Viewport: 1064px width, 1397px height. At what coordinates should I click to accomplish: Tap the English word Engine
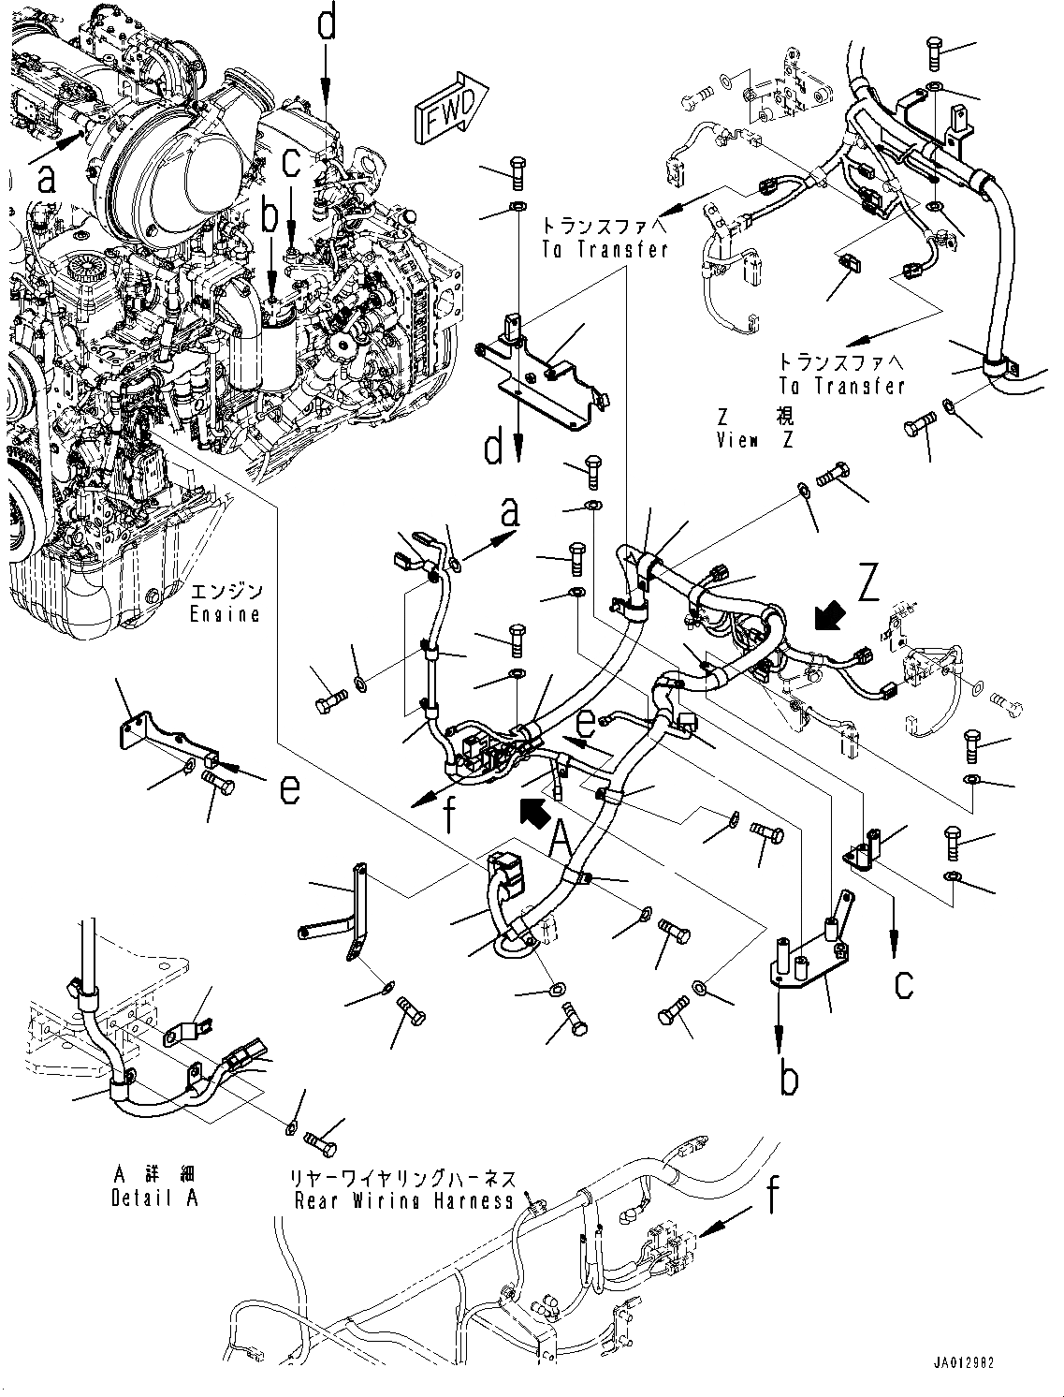[x=226, y=614]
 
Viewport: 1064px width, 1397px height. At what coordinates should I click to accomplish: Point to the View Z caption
[x=754, y=440]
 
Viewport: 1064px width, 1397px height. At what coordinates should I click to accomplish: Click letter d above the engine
[x=326, y=24]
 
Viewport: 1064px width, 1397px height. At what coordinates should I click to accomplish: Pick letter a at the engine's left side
[x=46, y=178]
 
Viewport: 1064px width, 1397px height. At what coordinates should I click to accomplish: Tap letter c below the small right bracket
[x=902, y=983]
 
